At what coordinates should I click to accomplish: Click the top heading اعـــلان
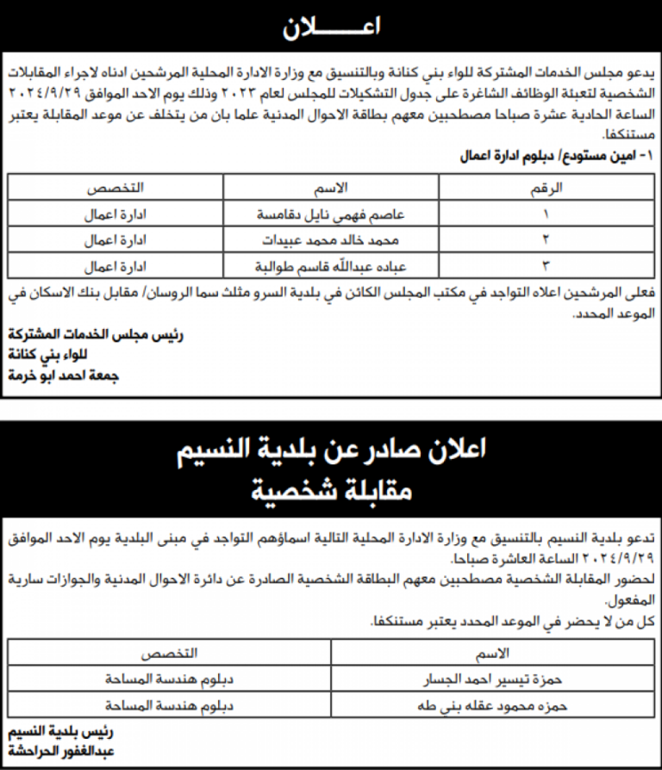[331, 28]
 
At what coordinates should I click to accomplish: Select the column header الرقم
[546, 188]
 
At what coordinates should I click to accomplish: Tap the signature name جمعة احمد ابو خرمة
[64, 376]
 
